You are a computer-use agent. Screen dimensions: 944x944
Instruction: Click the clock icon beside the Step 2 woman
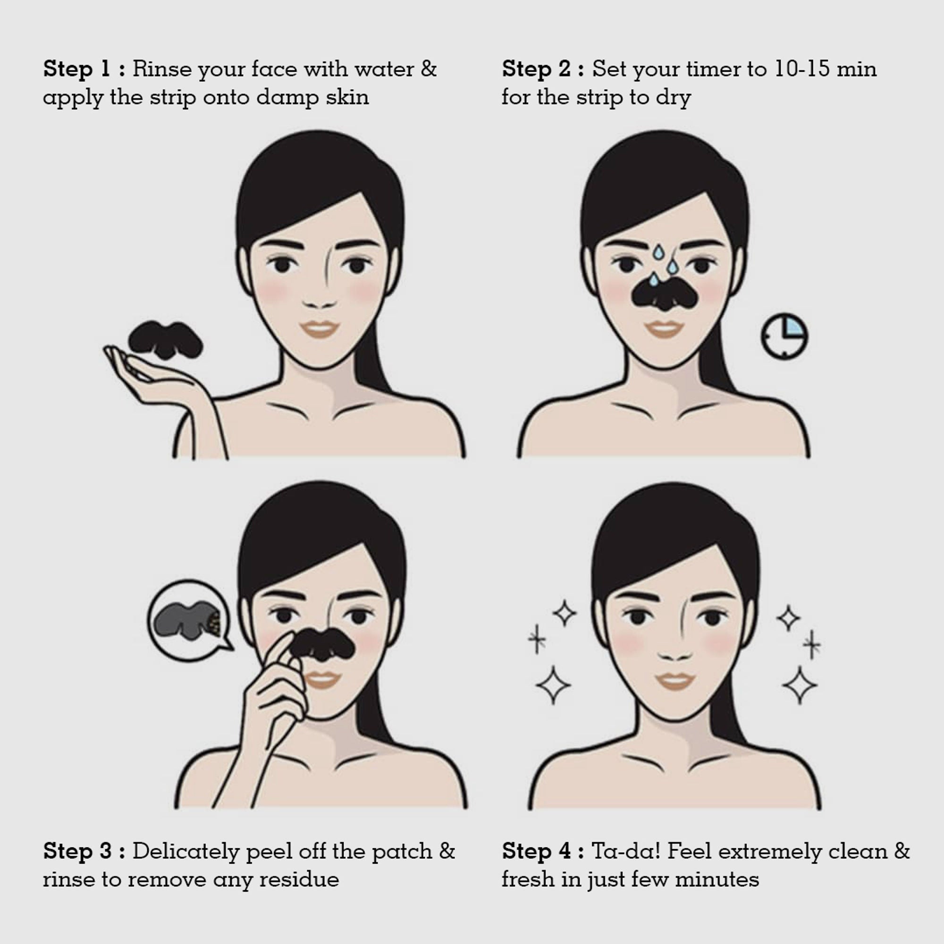(x=784, y=336)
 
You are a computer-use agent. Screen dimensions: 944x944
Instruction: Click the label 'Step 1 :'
(x=84, y=69)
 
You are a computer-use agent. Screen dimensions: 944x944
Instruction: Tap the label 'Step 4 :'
(x=543, y=851)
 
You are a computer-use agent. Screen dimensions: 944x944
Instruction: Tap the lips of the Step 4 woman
(x=675, y=681)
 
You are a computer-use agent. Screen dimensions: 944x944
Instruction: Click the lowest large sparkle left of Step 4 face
(x=553, y=684)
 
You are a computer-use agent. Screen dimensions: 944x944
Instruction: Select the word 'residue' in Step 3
(x=299, y=879)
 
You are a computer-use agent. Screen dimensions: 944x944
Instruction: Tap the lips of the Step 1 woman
(x=320, y=329)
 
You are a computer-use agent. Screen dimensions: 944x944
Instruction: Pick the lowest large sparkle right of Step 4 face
(x=800, y=684)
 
